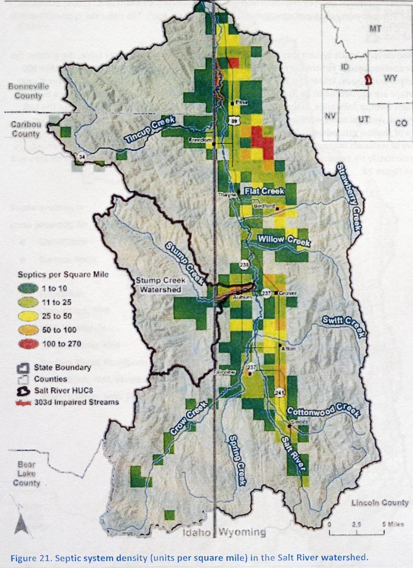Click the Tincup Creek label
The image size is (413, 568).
click(x=150, y=129)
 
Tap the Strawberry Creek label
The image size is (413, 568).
click(x=349, y=197)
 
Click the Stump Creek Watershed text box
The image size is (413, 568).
click(x=160, y=285)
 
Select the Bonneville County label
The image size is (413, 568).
click(x=29, y=91)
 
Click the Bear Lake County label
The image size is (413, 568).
click(x=27, y=474)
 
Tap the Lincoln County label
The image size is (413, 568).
click(x=380, y=503)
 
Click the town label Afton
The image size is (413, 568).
click(x=289, y=349)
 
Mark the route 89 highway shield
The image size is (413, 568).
click(x=234, y=121)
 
